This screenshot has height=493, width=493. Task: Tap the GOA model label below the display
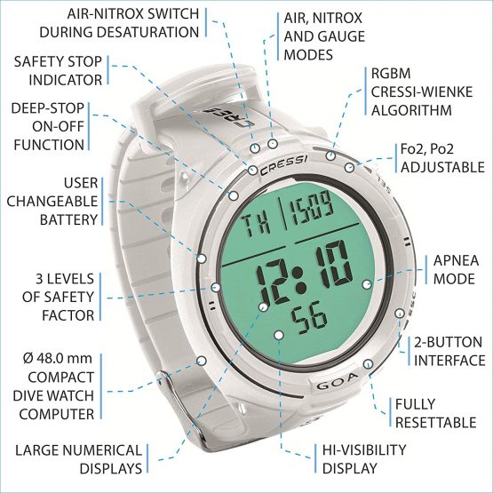[x=337, y=381]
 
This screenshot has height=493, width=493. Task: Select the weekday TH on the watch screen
[x=258, y=224]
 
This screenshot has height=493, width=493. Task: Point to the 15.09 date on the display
[x=312, y=208]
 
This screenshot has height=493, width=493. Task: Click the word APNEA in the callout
[x=456, y=260]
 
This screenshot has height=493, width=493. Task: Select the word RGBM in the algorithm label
[x=391, y=74]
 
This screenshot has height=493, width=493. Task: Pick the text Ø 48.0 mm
[x=58, y=359]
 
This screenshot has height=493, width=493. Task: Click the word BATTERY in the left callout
[x=69, y=219]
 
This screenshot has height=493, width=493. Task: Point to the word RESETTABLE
[x=435, y=423]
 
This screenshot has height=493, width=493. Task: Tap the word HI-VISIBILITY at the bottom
[x=364, y=450]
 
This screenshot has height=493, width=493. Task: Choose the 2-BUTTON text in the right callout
[x=448, y=342]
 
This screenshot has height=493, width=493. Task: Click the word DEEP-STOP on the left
[x=48, y=108]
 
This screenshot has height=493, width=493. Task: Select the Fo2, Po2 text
[x=427, y=149]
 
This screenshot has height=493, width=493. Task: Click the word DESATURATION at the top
[x=119, y=32]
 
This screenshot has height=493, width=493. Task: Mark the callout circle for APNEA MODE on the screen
[x=367, y=285]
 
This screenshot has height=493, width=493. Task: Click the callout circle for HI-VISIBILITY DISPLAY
[x=279, y=335]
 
